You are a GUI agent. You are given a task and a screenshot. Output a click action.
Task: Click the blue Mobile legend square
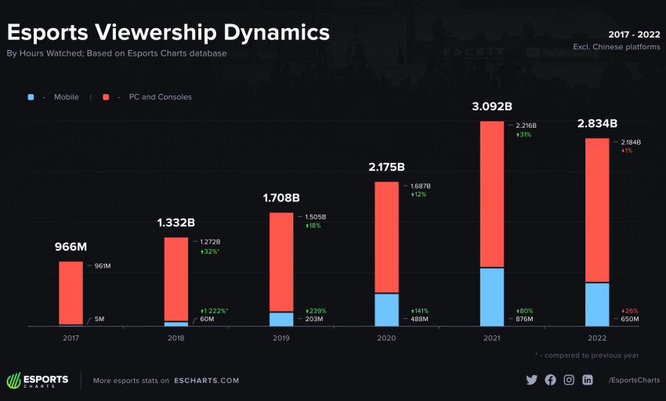(31, 97)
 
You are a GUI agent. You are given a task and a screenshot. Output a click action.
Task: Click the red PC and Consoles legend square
(106, 97)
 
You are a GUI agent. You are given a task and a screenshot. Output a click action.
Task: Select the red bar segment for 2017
(71, 293)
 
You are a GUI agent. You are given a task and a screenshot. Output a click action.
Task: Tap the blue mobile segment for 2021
(492, 297)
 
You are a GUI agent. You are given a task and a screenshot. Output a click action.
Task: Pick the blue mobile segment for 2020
(386, 309)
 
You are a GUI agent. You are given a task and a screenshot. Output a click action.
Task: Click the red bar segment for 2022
(597, 210)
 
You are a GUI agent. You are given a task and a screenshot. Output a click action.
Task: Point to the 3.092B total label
(492, 107)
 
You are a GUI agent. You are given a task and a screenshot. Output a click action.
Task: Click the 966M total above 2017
(71, 247)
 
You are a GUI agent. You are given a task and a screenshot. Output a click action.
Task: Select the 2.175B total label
(386, 168)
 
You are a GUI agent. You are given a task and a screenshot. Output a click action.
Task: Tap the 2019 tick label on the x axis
(281, 338)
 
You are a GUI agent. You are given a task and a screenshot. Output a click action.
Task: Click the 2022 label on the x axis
(597, 338)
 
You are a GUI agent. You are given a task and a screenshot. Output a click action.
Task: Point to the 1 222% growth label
(214, 311)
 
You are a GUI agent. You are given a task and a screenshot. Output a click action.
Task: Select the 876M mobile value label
(524, 319)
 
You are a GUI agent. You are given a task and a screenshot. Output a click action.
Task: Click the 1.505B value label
(316, 217)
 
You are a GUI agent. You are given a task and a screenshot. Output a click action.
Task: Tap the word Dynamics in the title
(277, 33)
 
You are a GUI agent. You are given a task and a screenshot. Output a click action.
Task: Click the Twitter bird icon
(532, 380)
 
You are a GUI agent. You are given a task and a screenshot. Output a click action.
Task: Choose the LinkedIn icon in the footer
(588, 380)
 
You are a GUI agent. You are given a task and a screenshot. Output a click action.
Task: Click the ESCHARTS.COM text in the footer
(206, 381)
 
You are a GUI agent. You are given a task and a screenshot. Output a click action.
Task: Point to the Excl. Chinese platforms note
(617, 47)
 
